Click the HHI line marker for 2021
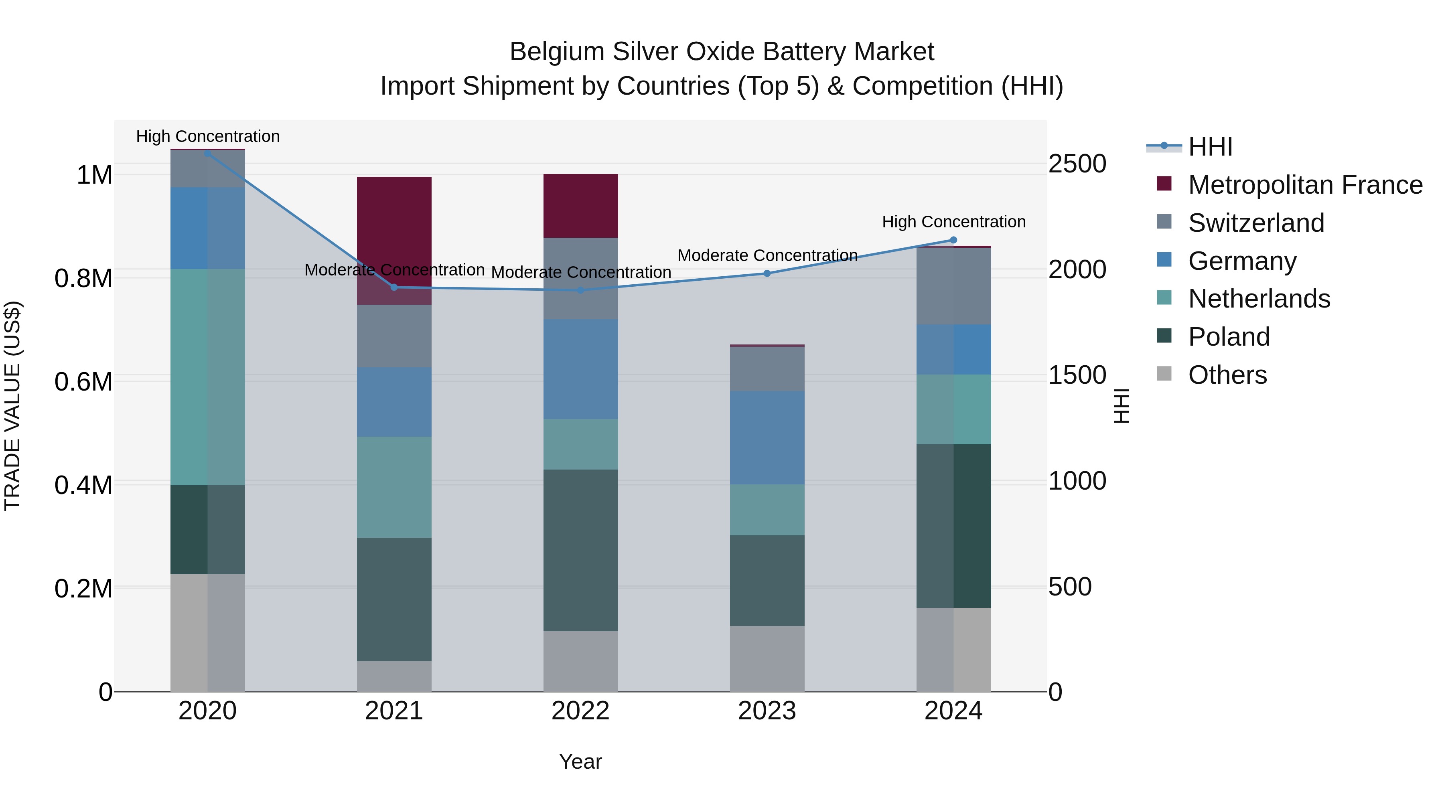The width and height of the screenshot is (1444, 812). tap(393, 288)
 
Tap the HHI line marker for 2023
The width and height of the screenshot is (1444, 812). tap(767, 273)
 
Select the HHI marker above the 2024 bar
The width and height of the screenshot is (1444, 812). tap(953, 240)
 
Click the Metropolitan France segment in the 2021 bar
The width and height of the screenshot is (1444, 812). tap(393, 241)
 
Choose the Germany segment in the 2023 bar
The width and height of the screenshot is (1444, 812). tap(767, 437)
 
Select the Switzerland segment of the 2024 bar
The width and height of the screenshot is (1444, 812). tap(953, 286)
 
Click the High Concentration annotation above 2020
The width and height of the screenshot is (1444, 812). tap(207, 136)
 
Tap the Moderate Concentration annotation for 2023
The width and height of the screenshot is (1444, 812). tap(767, 255)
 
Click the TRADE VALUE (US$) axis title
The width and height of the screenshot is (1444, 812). tap(12, 406)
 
